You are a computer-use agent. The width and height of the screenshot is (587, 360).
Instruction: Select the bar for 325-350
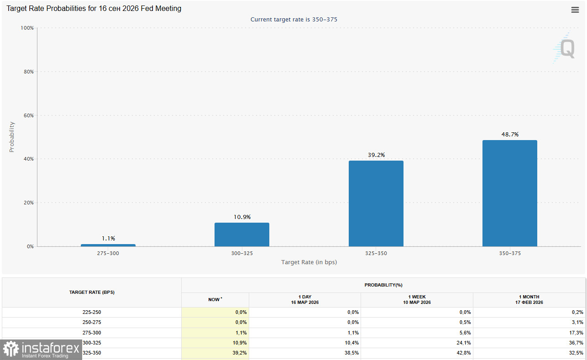pyautogui.click(x=376, y=203)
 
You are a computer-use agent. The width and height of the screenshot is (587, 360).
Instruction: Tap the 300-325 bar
pyautogui.click(x=242, y=235)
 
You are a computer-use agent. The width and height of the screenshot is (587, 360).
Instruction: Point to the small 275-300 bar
pyautogui.click(x=108, y=245)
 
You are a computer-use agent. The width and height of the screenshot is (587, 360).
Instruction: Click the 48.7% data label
pyautogui.click(x=510, y=135)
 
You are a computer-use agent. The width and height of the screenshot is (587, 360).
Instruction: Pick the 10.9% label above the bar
pyautogui.click(x=242, y=217)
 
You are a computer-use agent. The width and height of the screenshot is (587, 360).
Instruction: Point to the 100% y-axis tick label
pyautogui.click(x=27, y=28)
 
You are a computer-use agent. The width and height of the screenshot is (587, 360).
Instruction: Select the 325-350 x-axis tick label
pyautogui.click(x=376, y=253)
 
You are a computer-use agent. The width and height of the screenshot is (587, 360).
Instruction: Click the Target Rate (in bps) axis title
pyautogui.click(x=309, y=262)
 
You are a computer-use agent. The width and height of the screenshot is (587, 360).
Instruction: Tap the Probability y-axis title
pyautogui.click(x=12, y=137)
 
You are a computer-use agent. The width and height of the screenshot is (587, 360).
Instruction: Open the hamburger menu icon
pyautogui.click(x=575, y=10)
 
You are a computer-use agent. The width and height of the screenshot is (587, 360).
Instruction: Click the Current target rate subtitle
pyautogui.click(x=293, y=20)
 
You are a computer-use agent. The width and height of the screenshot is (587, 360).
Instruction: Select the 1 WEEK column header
pyautogui.click(x=417, y=300)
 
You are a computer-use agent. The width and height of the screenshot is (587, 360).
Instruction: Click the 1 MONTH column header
pyautogui.click(x=529, y=300)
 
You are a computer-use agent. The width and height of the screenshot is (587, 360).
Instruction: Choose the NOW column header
pyautogui.click(x=215, y=300)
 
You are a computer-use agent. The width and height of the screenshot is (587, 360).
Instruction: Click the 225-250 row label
pyautogui.click(x=92, y=312)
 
